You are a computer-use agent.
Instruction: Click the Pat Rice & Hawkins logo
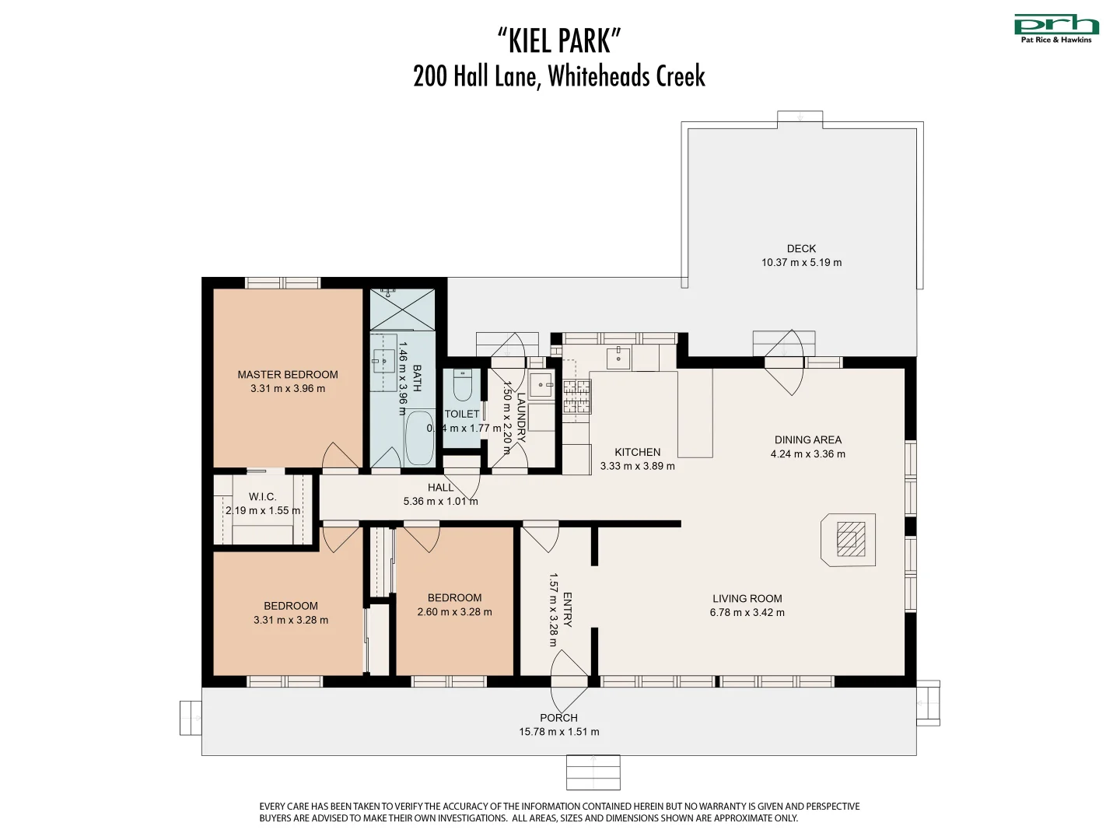click(x=1056, y=28)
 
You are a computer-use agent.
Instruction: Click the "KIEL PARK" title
click(x=559, y=40)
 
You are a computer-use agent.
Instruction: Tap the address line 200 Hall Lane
click(x=559, y=76)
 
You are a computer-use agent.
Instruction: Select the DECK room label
click(x=801, y=249)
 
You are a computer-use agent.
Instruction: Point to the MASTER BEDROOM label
click(x=288, y=375)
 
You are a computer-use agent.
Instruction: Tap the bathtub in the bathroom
click(x=419, y=438)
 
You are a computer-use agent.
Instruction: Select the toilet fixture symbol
click(x=463, y=384)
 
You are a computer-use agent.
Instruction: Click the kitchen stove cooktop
click(x=576, y=395)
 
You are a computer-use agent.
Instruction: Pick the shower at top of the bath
click(x=402, y=309)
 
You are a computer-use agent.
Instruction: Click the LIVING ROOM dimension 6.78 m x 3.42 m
click(x=747, y=613)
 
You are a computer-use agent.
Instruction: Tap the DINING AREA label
click(x=807, y=440)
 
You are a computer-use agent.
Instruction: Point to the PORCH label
click(x=558, y=718)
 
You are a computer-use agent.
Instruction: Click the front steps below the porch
click(x=593, y=772)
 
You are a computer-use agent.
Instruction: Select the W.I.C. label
click(x=262, y=497)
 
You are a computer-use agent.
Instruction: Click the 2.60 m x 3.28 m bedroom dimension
click(x=454, y=612)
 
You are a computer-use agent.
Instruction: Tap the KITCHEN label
click(x=637, y=453)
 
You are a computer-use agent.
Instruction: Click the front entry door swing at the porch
click(x=569, y=672)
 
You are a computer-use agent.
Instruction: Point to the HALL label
click(x=440, y=488)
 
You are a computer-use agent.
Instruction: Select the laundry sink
click(x=541, y=385)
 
